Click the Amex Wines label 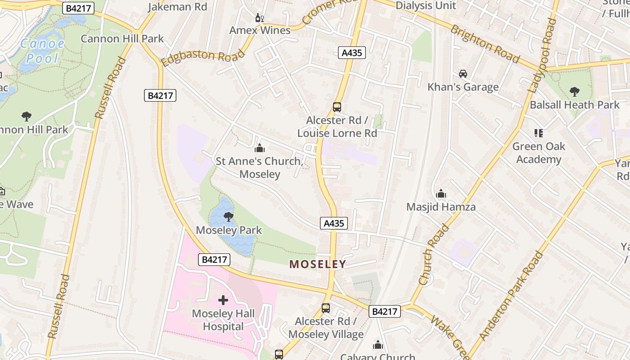pos(260,30)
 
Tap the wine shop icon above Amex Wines pos(260,18)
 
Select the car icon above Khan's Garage pos(463,73)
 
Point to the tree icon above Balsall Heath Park pos(575,92)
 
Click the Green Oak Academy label pos(539,153)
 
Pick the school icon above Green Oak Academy pos(539,133)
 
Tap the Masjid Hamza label pos(441,207)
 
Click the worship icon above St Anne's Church pos(260,148)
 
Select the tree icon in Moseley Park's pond pos(229,217)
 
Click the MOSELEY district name pos(318,264)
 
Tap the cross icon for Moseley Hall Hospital pos(223,300)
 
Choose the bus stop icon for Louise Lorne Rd pos(337,107)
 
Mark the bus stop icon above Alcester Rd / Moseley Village pos(326,308)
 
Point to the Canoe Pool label pos(42,51)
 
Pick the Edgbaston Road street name pos(203,58)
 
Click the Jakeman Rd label pos(177,7)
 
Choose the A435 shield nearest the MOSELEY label pos(334,223)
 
